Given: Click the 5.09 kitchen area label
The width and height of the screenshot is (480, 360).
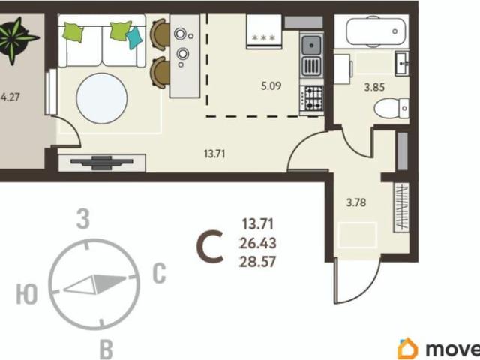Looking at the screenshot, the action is pos(271,85).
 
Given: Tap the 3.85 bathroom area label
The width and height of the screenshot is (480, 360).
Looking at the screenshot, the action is pos(374,87).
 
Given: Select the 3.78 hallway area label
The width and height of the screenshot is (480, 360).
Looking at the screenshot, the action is pos(356,202).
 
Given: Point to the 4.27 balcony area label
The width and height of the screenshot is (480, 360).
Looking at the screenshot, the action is pos(10,97).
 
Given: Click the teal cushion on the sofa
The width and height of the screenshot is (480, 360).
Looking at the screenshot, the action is pos(134,37).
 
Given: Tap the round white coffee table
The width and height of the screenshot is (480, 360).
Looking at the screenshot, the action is pos(102,98).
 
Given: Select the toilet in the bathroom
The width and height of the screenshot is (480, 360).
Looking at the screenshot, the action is pos(391,108).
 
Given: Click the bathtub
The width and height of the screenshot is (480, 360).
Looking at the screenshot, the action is pos(376,31).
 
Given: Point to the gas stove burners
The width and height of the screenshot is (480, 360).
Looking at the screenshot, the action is pos(312,98).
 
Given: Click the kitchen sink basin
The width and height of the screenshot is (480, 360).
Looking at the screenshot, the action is pos(312,45).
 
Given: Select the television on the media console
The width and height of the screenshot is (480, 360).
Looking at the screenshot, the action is pos(102,162).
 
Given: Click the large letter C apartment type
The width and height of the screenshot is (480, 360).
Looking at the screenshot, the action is pos(210,247).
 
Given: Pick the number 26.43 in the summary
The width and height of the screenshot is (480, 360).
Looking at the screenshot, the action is pos(258,243).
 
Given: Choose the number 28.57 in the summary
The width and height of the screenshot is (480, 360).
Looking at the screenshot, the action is pos(258,262).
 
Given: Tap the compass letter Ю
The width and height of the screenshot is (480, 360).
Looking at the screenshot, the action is pos(27,294).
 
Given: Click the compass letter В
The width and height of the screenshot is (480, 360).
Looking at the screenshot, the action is pos(106,349).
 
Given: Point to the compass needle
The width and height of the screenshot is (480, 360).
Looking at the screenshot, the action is pos(95,284).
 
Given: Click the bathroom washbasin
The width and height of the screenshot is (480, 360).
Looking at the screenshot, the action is pos(402,63).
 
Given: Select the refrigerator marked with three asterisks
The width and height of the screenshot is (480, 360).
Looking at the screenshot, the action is pos(264,31).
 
